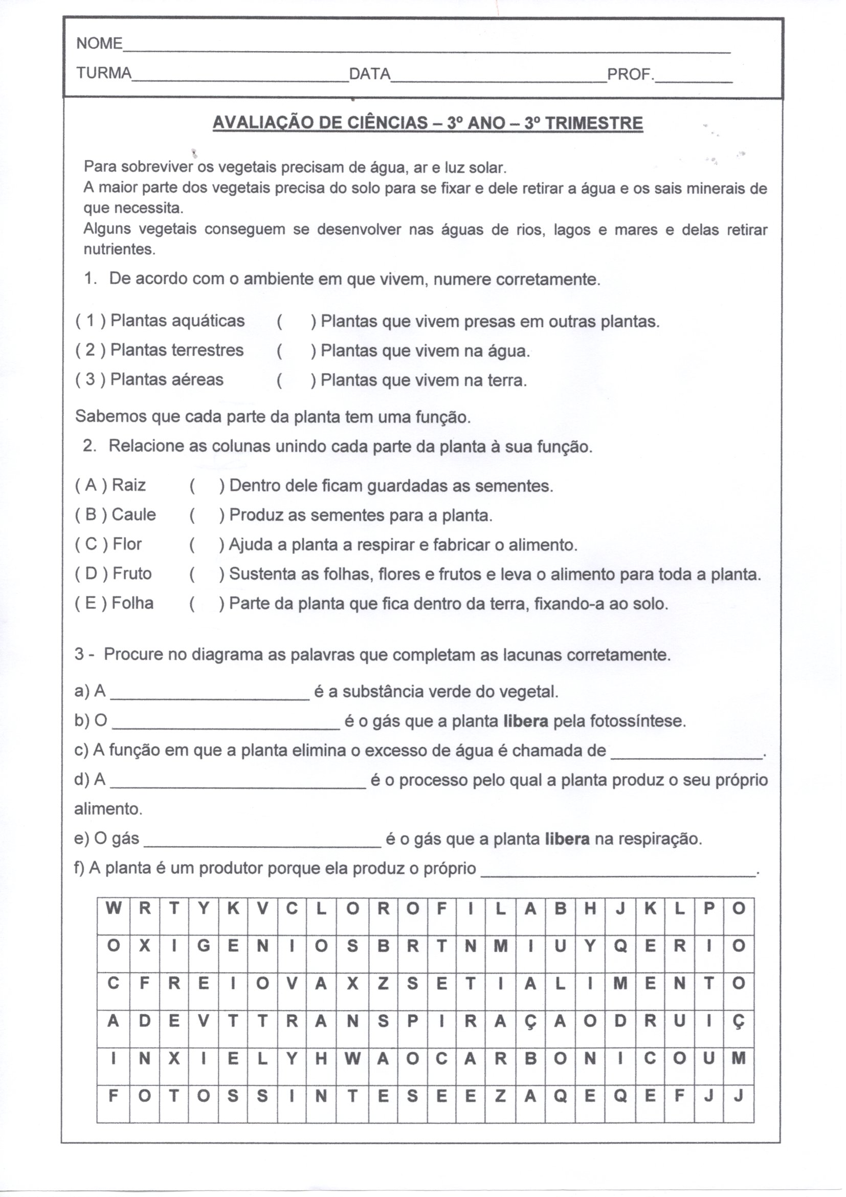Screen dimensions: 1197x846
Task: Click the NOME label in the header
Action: coord(99,44)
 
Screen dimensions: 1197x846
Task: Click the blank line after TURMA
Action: coord(240,78)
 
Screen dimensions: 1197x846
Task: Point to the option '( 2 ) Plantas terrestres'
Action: coord(160,350)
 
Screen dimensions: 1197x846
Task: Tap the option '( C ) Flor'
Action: coord(108,544)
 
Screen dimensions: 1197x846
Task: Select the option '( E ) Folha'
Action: coord(114,603)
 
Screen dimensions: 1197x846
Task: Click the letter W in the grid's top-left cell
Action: coord(113,909)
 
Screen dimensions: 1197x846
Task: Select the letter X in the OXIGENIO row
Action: coord(144,946)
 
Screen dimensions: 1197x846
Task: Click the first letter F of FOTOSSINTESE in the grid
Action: coord(113,1096)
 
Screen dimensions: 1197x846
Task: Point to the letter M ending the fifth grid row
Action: coord(738,1058)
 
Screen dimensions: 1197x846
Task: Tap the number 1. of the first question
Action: coord(90,279)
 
